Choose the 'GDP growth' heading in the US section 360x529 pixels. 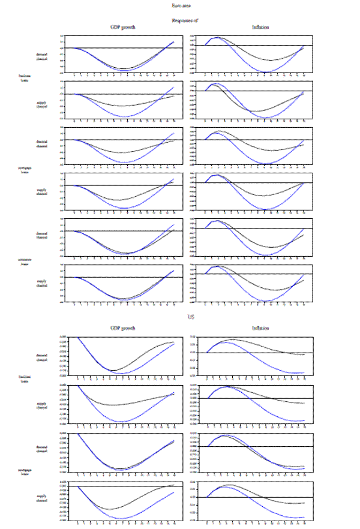coord(123,328)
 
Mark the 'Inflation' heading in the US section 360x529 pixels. coord(260,328)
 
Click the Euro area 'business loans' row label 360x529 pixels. coord(25,78)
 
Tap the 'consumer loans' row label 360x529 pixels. coord(25,262)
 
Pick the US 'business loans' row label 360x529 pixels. coord(25,378)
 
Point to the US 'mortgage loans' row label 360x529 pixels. coord(25,472)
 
